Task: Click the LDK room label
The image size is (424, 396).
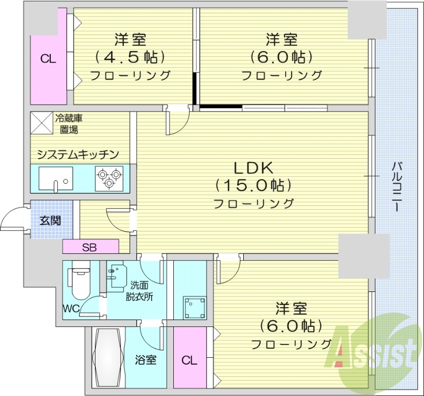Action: tap(253, 168)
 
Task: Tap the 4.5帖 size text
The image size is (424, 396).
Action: tap(130, 56)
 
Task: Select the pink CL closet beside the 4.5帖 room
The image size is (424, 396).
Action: tap(48, 59)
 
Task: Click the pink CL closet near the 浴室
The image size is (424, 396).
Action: tap(189, 361)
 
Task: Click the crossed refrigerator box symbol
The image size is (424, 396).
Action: tap(41, 123)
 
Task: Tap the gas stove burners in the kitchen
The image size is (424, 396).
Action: tap(109, 177)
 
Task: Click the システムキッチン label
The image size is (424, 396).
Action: tap(77, 154)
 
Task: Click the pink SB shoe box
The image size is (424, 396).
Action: tap(90, 247)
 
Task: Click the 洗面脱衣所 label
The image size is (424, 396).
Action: tap(139, 291)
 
